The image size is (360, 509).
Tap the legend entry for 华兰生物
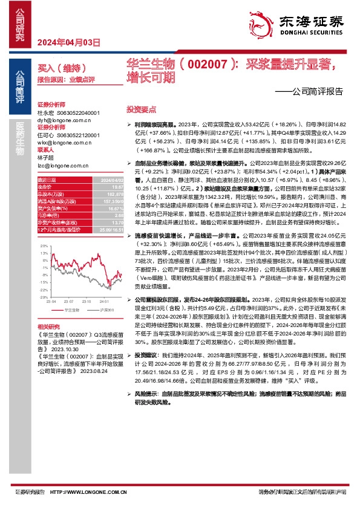tap(70, 308)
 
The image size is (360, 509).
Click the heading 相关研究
tap(49, 326)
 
